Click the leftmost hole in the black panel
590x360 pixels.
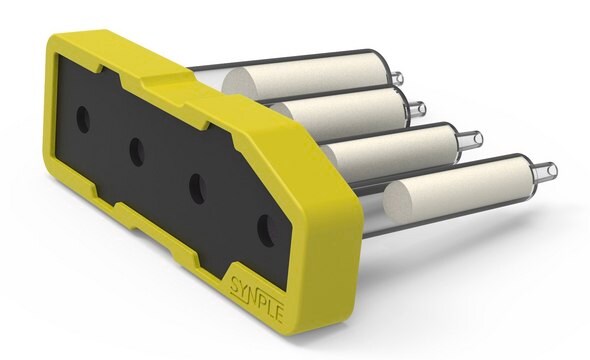coord(83,120)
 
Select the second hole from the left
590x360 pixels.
coord(137,152)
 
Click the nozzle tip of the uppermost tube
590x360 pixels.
coord(397,78)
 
